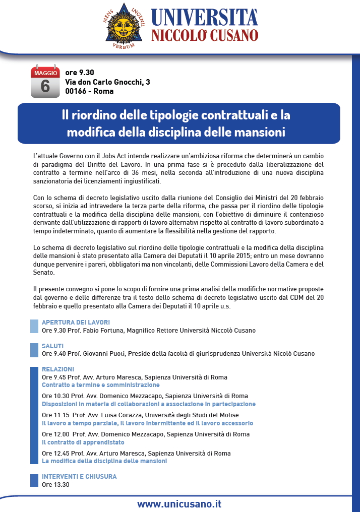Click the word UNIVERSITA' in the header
[205, 17]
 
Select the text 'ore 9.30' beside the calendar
[80, 73]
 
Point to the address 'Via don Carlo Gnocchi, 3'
[107, 82]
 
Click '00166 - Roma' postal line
[89, 91]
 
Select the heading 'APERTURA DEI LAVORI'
[76, 323]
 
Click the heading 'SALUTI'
[52, 346]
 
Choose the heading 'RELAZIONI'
[58, 369]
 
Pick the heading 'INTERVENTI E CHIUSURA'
[79, 476]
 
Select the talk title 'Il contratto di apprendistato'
[83, 442]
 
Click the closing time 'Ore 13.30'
[55, 485]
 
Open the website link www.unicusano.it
[179, 503]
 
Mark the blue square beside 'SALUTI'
[34, 350]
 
